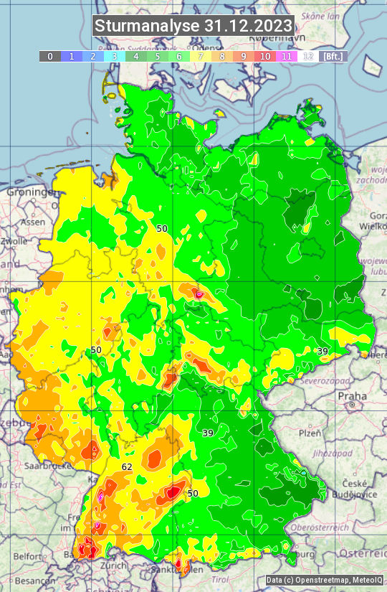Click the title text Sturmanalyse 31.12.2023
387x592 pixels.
[193, 26]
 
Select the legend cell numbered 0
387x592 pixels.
[50, 56]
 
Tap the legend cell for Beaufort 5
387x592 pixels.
[158, 56]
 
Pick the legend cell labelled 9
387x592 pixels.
[244, 56]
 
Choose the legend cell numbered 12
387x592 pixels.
[308, 56]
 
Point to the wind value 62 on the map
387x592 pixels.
[127, 467]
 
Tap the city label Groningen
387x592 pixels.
[32, 192]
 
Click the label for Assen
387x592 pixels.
[32, 222]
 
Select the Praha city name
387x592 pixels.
[352, 396]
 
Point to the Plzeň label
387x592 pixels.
[310, 433]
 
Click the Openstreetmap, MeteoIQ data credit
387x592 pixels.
[324, 580]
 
